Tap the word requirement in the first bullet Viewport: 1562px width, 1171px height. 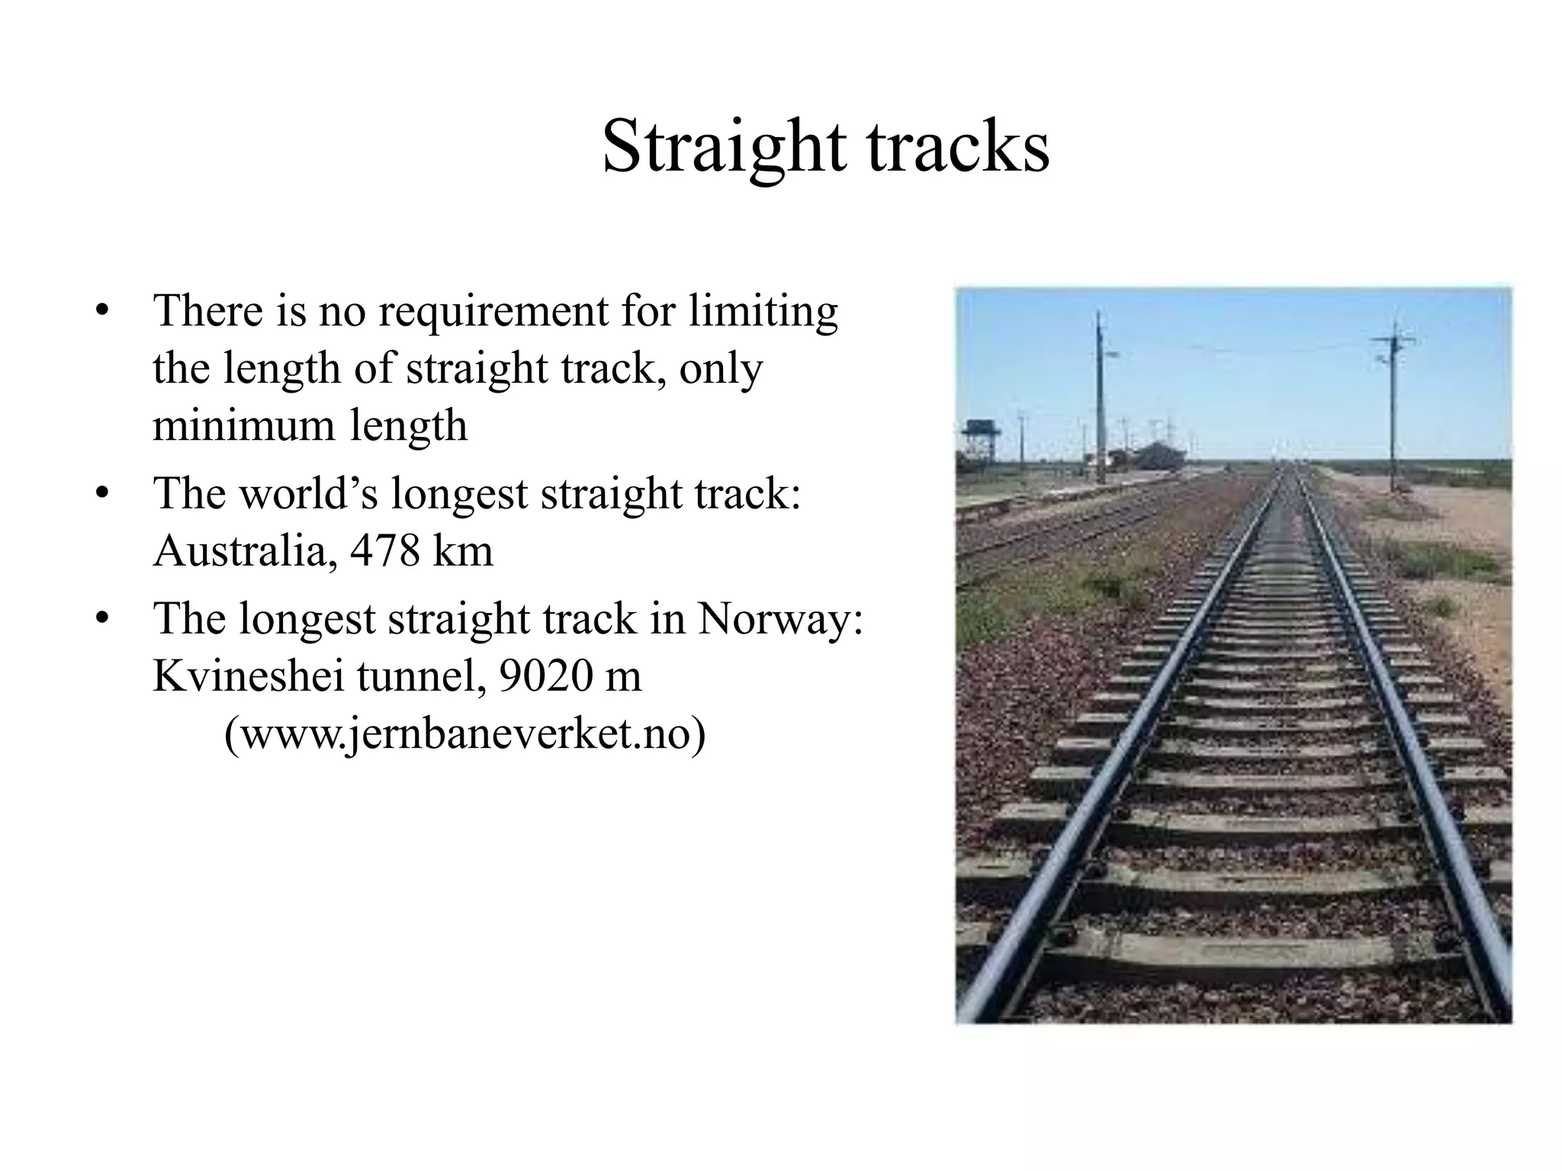click(x=494, y=312)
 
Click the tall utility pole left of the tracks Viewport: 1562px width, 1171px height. click(x=1100, y=396)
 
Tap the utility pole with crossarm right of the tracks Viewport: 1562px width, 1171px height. click(x=1393, y=404)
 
